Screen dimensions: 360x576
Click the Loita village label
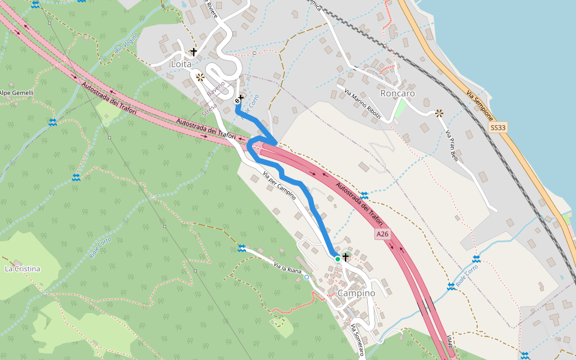point(181,64)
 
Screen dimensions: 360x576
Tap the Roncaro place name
point(397,94)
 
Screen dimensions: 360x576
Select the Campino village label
point(356,293)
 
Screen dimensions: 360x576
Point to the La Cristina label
point(22,269)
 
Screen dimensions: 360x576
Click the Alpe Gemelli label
point(16,93)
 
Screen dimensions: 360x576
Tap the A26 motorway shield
point(383,233)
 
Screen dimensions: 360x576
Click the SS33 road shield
point(498,128)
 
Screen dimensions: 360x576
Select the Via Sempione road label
point(479,105)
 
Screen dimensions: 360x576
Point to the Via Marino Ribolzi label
point(363,103)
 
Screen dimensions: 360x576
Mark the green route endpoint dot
point(338,259)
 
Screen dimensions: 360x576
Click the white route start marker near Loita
point(238,101)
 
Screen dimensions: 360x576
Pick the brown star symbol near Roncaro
point(439,112)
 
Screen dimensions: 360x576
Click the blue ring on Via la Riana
point(307,277)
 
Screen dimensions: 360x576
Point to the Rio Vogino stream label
point(127,42)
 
